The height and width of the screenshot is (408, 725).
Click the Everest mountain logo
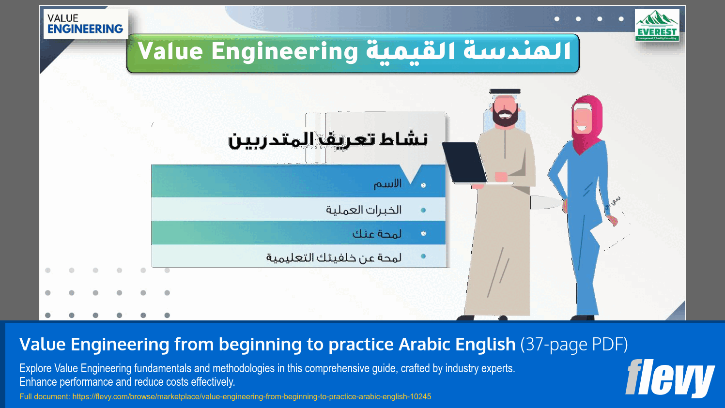click(657, 25)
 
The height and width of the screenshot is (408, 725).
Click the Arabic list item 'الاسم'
click(387, 184)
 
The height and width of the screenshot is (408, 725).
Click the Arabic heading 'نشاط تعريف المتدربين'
click(328, 139)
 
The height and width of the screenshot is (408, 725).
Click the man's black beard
click(505, 118)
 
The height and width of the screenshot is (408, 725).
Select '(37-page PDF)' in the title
click(574, 345)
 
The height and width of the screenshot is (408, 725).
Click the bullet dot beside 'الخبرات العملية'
click(423, 210)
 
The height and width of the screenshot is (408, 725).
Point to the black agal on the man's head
click(505, 91)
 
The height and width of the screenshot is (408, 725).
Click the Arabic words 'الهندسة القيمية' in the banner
click(468, 52)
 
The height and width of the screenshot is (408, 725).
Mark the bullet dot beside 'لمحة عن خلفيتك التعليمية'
click(423, 257)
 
